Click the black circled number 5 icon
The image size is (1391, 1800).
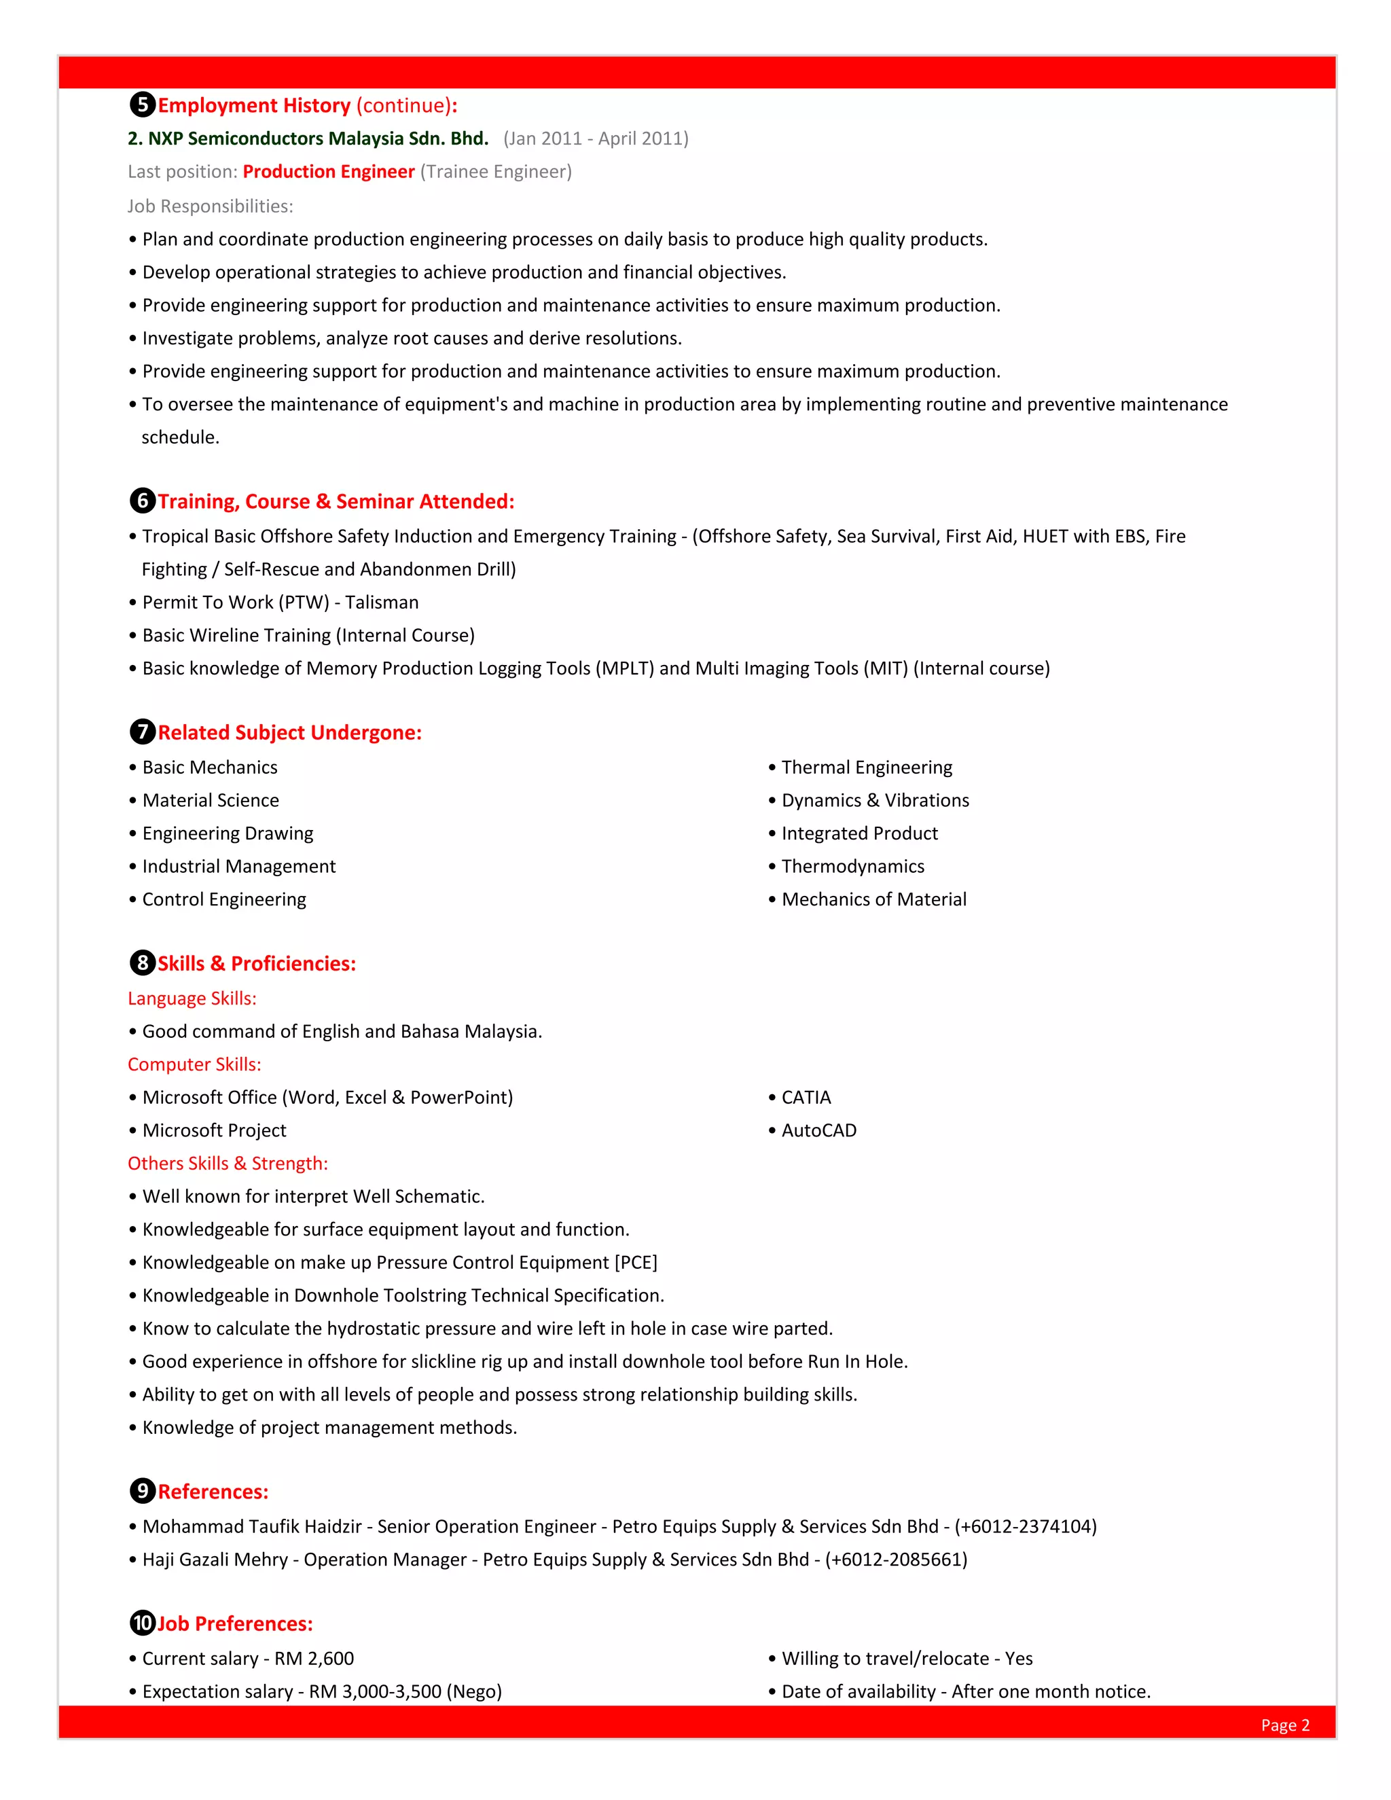(143, 105)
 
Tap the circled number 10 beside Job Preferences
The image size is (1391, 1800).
(143, 1623)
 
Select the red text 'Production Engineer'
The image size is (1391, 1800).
(328, 171)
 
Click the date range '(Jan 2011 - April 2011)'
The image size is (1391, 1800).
(595, 139)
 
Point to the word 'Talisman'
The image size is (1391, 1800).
(382, 602)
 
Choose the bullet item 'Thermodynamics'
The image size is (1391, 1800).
(852, 866)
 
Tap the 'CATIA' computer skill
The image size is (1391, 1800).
(806, 1097)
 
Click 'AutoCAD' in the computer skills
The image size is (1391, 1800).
(818, 1130)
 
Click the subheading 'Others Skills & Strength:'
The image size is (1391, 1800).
(228, 1163)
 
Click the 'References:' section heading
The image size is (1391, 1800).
(213, 1491)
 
